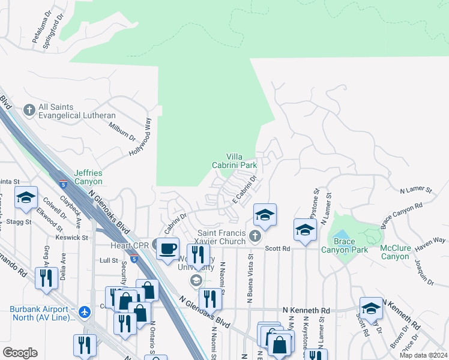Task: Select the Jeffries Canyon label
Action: [x=88, y=177]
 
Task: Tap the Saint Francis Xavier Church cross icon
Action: [x=255, y=235]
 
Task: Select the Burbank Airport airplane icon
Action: [x=85, y=313]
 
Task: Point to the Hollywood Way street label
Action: [x=140, y=137]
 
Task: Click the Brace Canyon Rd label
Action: [x=402, y=215]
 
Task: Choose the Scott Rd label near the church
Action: [x=278, y=247]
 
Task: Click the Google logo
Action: [x=20, y=352]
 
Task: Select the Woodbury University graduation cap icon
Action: [x=196, y=280]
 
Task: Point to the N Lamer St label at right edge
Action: [x=416, y=190]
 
